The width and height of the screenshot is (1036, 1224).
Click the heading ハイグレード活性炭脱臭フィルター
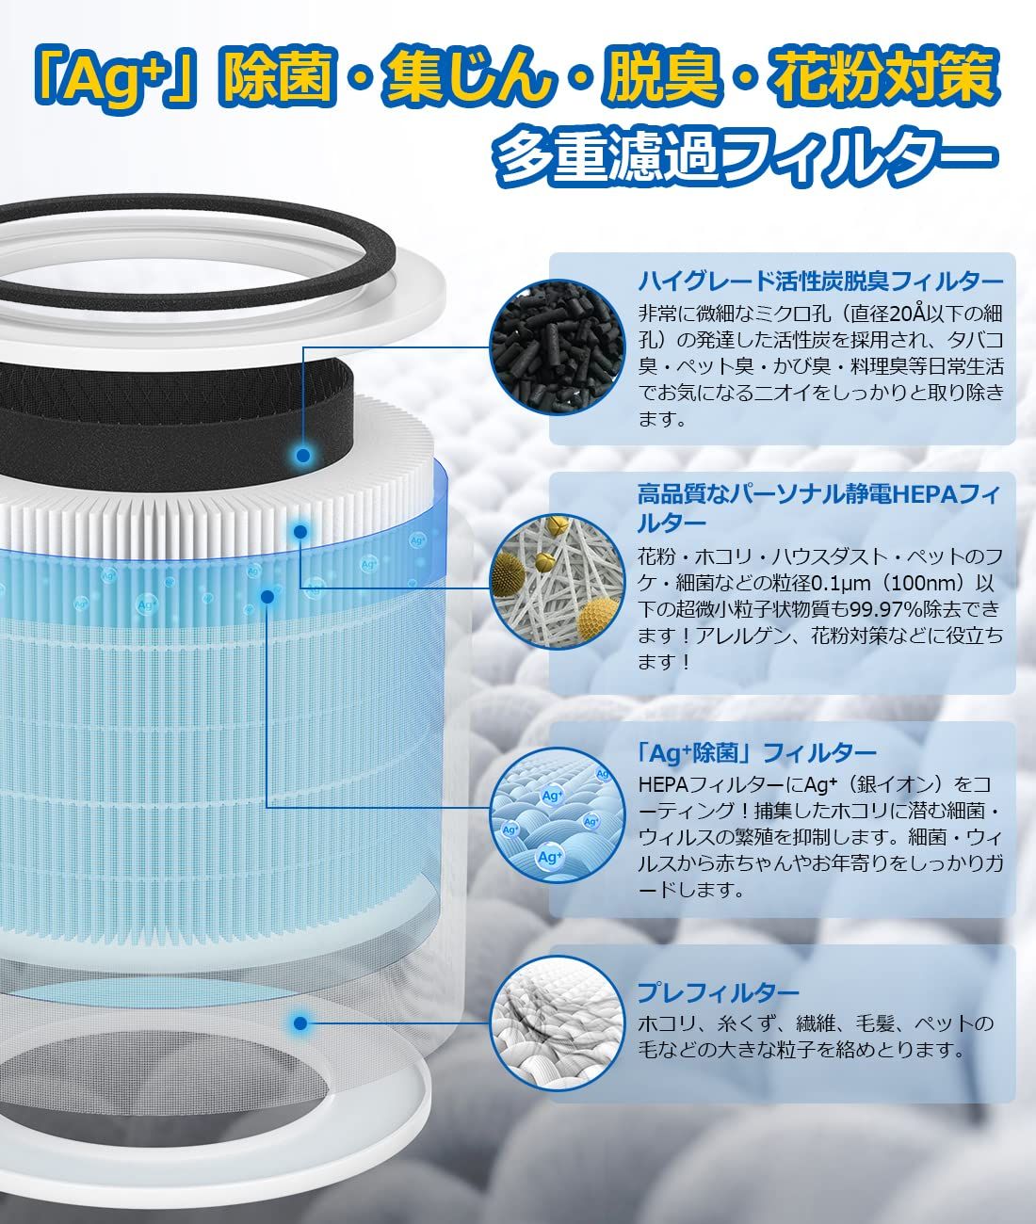[820, 281]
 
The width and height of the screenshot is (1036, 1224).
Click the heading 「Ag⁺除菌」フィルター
[756, 752]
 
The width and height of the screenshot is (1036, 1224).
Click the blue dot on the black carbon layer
[302, 456]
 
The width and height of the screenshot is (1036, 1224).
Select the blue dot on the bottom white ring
[300, 1023]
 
